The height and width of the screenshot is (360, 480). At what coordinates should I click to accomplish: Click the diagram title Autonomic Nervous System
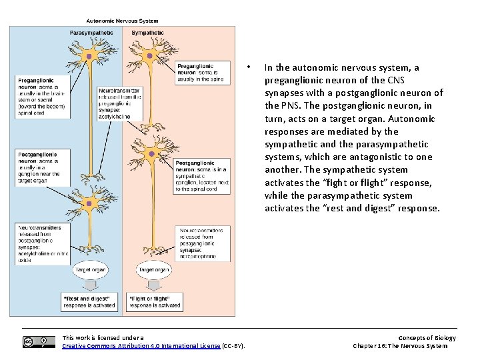pyautogui.click(x=121, y=21)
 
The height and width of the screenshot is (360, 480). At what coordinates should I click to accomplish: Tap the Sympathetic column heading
pyautogui.click(x=147, y=33)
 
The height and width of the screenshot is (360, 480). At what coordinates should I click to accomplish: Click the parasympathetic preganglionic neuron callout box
pyautogui.click(x=43, y=97)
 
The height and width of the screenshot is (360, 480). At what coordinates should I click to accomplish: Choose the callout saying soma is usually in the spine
pyautogui.click(x=203, y=73)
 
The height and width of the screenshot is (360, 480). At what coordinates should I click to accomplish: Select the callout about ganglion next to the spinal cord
pyautogui.click(x=203, y=176)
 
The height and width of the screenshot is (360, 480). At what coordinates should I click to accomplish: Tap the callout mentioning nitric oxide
pyautogui.click(x=43, y=244)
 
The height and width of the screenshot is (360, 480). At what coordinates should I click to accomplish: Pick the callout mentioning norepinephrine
pyautogui.click(x=203, y=243)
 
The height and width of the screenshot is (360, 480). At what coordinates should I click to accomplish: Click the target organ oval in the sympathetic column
pyautogui.click(x=153, y=270)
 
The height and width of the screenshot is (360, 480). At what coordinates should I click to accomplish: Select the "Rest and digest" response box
pyautogui.click(x=89, y=301)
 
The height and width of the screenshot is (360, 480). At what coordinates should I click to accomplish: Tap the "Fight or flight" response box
pyautogui.click(x=155, y=301)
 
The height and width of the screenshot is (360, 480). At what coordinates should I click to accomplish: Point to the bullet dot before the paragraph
pyautogui.click(x=247, y=67)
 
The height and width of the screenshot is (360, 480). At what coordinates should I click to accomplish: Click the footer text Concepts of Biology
pyautogui.click(x=427, y=338)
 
